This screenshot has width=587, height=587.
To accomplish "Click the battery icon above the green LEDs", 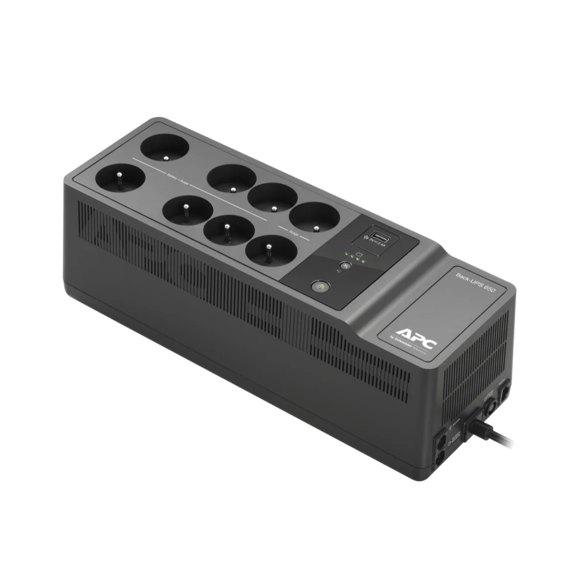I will tap(358, 253).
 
